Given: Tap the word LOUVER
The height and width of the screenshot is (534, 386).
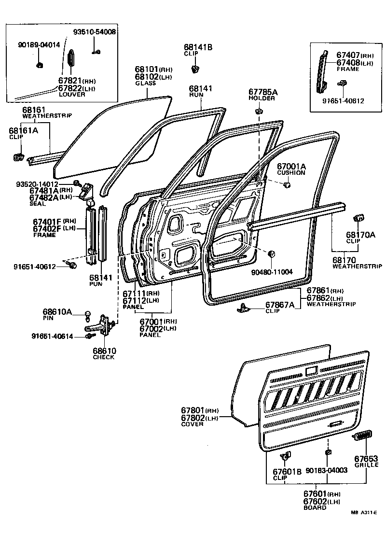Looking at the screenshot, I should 72,94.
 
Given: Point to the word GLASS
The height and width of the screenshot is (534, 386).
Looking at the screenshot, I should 145,84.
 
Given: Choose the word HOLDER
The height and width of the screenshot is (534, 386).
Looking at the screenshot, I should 262,98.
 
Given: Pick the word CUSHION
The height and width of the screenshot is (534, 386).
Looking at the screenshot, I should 291,172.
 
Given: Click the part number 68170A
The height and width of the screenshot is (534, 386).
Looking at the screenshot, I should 360,235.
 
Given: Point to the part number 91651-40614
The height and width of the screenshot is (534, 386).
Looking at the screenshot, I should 53,336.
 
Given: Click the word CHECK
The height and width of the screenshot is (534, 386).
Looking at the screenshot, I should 104,357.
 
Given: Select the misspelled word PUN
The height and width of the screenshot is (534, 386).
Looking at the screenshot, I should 96,284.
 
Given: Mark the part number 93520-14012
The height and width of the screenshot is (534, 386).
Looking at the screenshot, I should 50,184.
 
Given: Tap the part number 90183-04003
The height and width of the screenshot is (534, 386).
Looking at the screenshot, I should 327,470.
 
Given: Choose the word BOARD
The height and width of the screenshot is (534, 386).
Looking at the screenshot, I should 315,507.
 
